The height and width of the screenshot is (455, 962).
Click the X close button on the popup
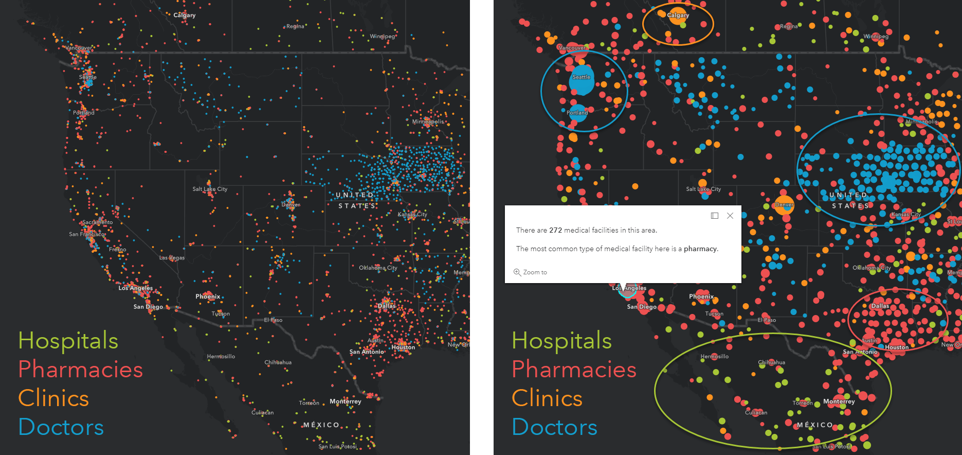point(730,216)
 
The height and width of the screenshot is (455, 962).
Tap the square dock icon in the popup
point(715,216)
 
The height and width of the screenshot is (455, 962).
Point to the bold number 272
point(555,230)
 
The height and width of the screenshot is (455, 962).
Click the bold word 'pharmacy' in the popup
point(700,249)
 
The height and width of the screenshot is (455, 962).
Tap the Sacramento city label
point(97,222)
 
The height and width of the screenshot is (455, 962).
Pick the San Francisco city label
point(86,234)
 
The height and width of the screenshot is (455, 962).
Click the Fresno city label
point(117,250)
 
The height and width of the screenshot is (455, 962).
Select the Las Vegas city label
point(172,258)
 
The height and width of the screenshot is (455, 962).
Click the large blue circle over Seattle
point(582,80)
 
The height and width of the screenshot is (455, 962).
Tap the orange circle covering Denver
point(784,205)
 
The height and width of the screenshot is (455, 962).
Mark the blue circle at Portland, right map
point(578,113)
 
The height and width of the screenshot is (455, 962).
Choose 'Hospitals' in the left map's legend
point(68,341)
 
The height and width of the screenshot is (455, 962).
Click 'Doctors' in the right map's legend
point(554,427)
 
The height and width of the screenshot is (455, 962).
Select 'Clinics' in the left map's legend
point(53,398)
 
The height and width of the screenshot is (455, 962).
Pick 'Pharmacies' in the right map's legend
point(574,370)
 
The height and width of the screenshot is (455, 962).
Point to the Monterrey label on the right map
point(839,401)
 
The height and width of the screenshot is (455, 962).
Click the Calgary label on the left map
point(184,15)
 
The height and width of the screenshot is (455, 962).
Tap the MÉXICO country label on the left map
point(321,425)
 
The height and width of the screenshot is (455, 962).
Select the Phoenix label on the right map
point(701,296)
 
